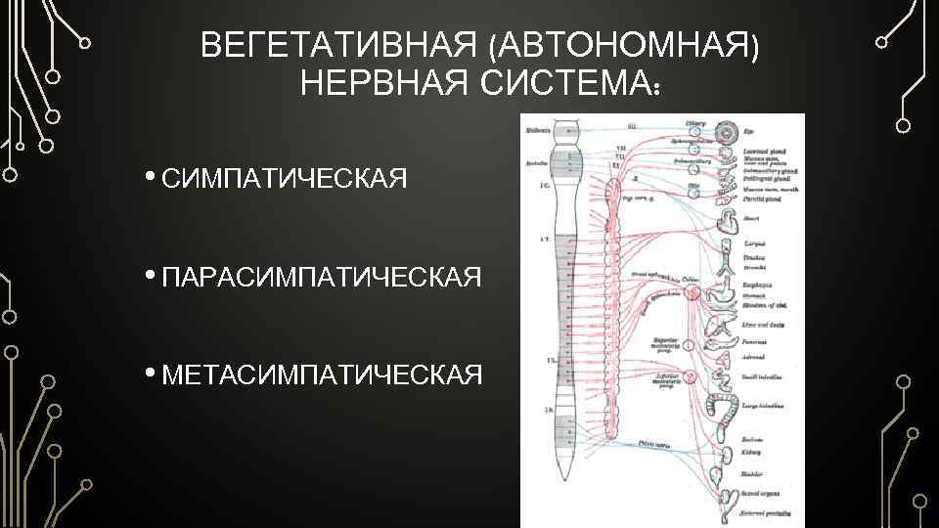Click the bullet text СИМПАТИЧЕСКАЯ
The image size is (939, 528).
[x=284, y=179]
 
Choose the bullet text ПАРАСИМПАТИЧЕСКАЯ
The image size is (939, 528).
[x=321, y=277]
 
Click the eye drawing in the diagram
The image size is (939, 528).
[x=728, y=130]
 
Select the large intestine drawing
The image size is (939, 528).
[x=728, y=411]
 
